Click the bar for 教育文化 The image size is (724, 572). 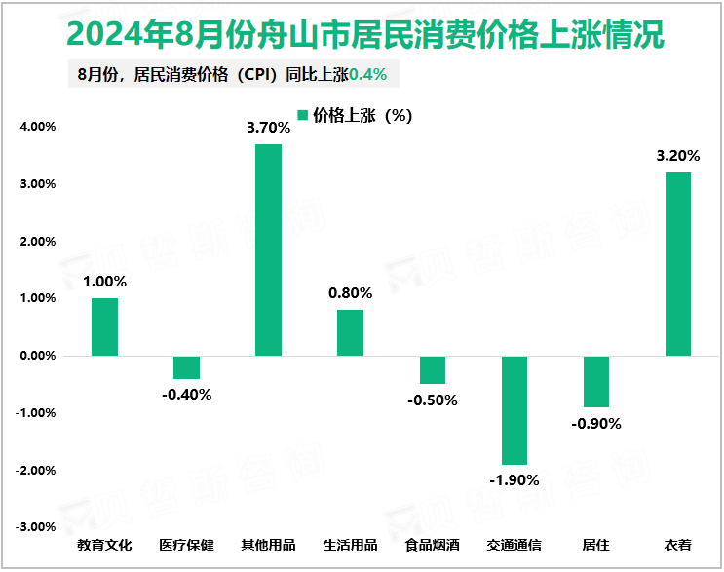(104, 326)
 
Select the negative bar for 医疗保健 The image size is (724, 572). (186, 367)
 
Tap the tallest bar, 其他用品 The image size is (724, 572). (268, 249)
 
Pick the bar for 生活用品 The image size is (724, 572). (350, 332)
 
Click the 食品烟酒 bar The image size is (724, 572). (432, 370)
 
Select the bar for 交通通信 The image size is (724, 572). (514, 410)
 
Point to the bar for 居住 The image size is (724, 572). (595, 382)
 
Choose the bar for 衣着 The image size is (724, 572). (677, 264)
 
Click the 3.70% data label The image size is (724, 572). (268, 127)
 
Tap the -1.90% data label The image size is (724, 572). (514, 480)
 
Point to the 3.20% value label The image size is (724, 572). (677, 155)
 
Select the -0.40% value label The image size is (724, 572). (186, 395)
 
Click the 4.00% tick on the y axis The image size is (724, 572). (38, 127)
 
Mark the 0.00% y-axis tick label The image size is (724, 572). (38, 356)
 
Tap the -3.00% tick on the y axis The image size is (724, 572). (36, 527)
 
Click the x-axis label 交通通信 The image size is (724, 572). (514, 545)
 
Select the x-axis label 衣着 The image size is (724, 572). (677, 545)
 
